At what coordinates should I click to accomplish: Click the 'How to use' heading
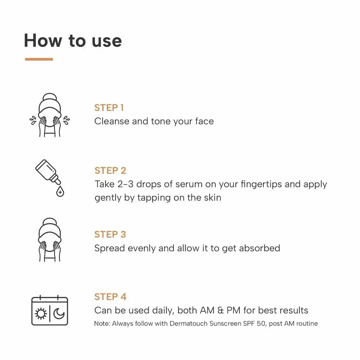pyautogui.click(x=73, y=40)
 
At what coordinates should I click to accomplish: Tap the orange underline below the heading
pyautogui.click(x=39, y=59)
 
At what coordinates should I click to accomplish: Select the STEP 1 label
pyautogui.click(x=109, y=108)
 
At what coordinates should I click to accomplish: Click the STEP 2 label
pyautogui.click(x=110, y=171)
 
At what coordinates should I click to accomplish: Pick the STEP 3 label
pyautogui.click(x=110, y=234)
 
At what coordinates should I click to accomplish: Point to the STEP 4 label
pyautogui.click(x=110, y=297)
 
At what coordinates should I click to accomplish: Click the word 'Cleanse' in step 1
pyautogui.click(x=111, y=121)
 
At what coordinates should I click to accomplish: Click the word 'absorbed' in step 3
pyautogui.click(x=259, y=248)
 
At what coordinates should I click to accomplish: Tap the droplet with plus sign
pyautogui.click(x=60, y=192)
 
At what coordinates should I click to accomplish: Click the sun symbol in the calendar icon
pyautogui.click(x=41, y=314)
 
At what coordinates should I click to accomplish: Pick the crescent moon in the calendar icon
pyautogui.click(x=59, y=313)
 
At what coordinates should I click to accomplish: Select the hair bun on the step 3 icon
pyautogui.click(x=50, y=222)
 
